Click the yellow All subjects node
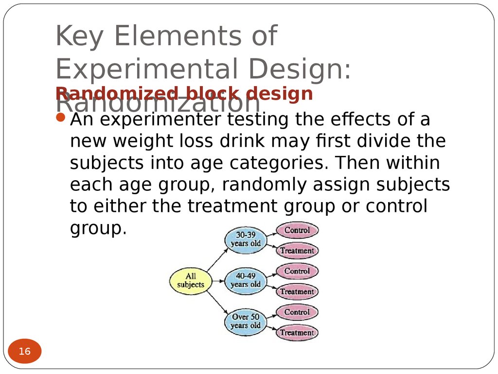point(190,281)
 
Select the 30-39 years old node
point(246,240)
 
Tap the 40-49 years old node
point(246,280)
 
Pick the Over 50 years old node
point(246,321)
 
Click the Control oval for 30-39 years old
point(297,230)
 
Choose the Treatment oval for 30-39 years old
point(297,251)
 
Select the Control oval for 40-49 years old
point(297,271)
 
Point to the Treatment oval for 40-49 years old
point(297,292)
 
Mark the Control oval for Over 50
point(297,312)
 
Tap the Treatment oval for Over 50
point(297,333)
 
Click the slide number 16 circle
point(25,351)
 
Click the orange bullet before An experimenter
point(60,118)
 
